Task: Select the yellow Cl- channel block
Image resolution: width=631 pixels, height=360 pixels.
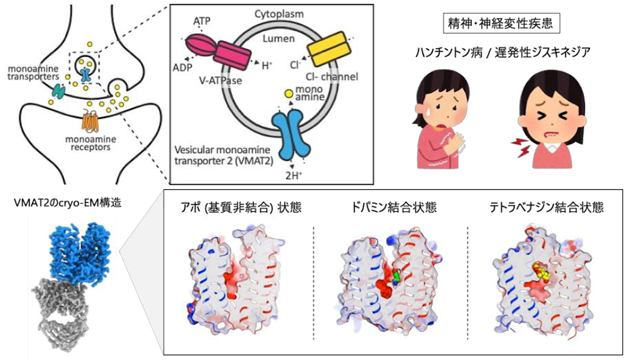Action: coord(329,49)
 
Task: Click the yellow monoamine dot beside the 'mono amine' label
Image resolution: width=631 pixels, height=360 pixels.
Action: coord(288,94)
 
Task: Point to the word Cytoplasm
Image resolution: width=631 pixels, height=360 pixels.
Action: coord(279,14)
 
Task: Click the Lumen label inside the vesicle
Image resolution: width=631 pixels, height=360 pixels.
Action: coord(279,38)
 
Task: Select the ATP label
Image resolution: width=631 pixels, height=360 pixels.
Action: coord(202,21)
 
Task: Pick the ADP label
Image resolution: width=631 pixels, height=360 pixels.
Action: coord(182,68)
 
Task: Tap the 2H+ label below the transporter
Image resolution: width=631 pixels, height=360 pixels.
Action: coord(294,176)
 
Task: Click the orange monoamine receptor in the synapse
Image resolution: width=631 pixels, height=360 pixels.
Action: coord(90,121)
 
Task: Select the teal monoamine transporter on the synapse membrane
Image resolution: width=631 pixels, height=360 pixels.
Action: coord(59,91)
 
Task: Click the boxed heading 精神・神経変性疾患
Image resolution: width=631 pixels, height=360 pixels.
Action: coord(502,23)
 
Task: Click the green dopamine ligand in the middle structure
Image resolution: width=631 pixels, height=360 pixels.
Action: coord(396,277)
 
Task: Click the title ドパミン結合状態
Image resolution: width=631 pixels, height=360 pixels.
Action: coord(394,208)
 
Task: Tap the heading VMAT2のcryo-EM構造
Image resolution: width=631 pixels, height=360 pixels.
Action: coord(68,203)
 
